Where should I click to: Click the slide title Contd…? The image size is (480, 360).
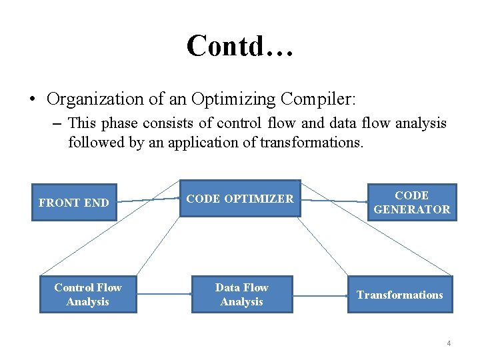coord(239,46)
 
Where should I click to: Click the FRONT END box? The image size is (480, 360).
coord(74,202)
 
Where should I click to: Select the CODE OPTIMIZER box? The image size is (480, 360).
coord(240,199)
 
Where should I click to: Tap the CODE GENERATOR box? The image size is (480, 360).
coord(411,202)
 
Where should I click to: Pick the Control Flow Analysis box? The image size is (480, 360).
coord(88,295)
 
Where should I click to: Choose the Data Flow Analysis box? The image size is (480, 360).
coord(241,295)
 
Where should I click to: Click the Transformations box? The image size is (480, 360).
coord(399,295)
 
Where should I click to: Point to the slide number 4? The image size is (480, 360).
coord(449,343)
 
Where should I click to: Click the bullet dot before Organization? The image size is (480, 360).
coord(32,100)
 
